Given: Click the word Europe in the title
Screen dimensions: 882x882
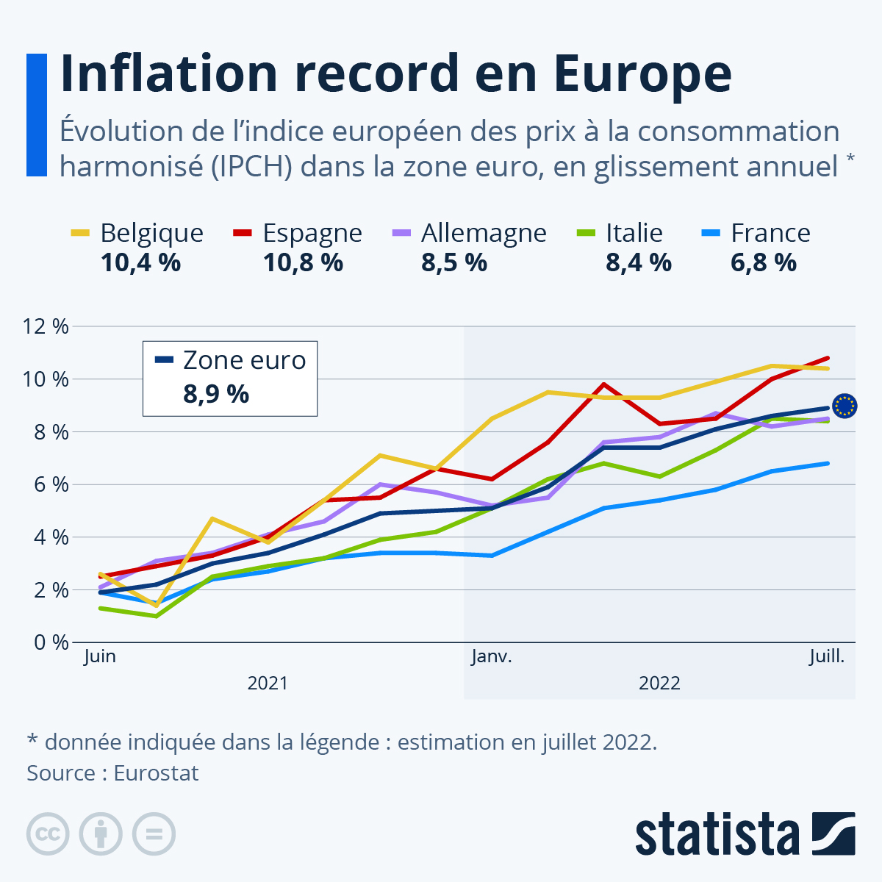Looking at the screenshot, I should click(x=642, y=73).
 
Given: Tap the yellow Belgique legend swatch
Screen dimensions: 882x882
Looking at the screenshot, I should click(x=80, y=233).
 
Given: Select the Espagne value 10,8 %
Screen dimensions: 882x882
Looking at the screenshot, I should click(x=303, y=262).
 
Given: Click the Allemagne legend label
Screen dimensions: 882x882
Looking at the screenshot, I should click(x=484, y=233).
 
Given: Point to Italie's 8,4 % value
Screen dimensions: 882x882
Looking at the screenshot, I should click(x=638, y=262).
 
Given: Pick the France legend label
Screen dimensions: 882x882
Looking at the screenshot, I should click(x=770, y=233).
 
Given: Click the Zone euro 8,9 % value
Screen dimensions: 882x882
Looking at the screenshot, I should click(x=216, y=395).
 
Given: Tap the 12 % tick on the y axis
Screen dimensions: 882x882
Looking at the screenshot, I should click(x=46, y=326).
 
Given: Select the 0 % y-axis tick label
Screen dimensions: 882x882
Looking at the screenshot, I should click(x=50, y=642).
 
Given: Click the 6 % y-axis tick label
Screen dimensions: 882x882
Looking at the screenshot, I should click(x=50, y=484).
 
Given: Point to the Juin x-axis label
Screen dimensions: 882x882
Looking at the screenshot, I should click(x=100, y=656).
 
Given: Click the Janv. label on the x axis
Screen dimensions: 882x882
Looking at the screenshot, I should click(x=491, y=656).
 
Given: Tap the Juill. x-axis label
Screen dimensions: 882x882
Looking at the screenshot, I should click(x=827, y=656).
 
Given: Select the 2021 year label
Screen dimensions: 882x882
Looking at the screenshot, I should click(x=268, y=684).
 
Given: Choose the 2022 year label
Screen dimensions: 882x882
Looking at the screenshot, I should click(x=659, y=684).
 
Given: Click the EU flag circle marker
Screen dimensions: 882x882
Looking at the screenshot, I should click(x=845, y=406).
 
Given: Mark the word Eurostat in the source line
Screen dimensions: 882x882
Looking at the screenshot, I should click(x=156, y=773).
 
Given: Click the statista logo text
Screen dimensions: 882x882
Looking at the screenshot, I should click(x=717, y=834).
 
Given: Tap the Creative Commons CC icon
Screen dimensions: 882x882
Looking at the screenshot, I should click(x=48, y=834).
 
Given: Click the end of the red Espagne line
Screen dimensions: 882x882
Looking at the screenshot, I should click(x=828, y=358).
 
